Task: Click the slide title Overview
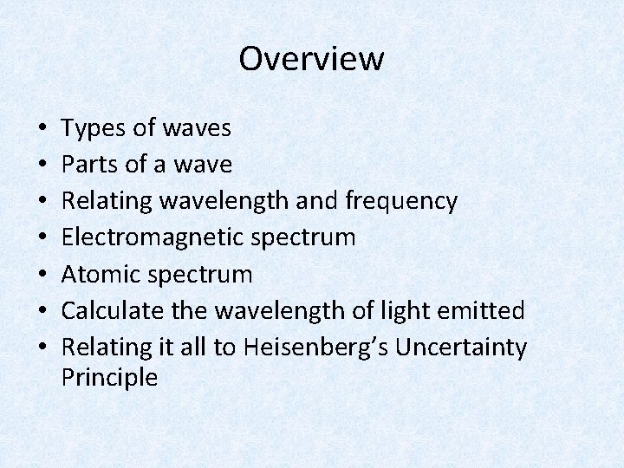click(x=311, y=59)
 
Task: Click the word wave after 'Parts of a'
click(x=204, y=166)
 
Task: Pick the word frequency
click(x=400, y=202)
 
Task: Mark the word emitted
click(x=488, y=311)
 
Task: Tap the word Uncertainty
click(x=459, y=348)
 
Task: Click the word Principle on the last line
click(x=109, y=378)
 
